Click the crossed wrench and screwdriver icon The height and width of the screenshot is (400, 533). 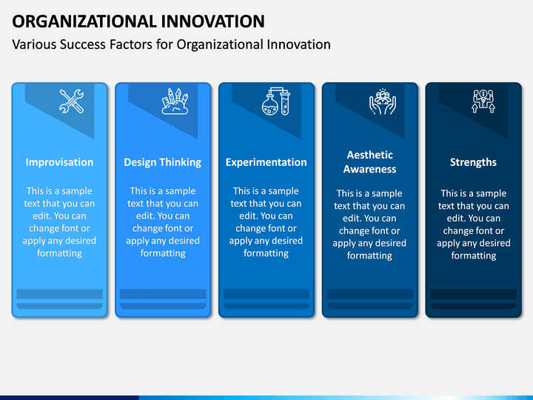71,101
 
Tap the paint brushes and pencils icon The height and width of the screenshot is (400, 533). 175,101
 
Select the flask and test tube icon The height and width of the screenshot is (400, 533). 275,101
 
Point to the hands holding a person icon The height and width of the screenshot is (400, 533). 383,101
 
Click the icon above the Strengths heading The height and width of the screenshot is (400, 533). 483,101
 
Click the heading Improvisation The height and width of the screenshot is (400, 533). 59,162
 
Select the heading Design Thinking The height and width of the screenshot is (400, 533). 162,162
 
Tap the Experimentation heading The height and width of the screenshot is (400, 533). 266,162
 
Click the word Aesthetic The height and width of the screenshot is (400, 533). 370,155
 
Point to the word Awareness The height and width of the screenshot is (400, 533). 370,169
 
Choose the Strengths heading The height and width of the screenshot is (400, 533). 473,162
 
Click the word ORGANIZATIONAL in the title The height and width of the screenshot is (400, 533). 84,21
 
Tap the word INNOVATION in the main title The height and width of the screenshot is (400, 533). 212,21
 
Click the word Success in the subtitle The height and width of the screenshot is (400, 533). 83,44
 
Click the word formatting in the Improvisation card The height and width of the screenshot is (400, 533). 59,253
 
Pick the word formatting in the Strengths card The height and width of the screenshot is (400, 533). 474,256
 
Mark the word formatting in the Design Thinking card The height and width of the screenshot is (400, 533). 163,253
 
